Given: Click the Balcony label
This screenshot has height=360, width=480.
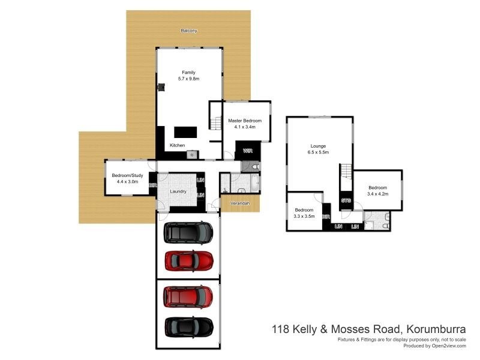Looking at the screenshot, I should [x=189, y=31].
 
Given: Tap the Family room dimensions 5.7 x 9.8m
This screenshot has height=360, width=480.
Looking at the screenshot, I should [x=188, y=79].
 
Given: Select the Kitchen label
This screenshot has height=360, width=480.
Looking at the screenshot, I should [x=177, y=146].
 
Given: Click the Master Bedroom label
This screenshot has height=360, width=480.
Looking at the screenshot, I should [x=245, y=121].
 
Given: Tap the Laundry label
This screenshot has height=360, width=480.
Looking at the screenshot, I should [x=178, y=191].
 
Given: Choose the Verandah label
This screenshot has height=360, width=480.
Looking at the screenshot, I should [x=241, y=203].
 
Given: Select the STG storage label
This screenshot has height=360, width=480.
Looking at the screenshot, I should [x=346, y=200].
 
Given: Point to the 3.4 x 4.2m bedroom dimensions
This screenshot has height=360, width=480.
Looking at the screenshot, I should [x=378, y=194].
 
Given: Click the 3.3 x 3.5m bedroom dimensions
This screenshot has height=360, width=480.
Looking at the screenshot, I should [x=304, y=216].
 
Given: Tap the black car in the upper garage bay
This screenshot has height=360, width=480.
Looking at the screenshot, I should [x=188, y=232].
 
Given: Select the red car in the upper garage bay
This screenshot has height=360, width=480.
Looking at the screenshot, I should [x=188, y=260].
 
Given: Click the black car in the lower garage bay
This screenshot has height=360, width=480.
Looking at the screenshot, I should [x=188, y=327].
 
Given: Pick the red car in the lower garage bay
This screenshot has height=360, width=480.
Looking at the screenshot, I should [x=188, y=296].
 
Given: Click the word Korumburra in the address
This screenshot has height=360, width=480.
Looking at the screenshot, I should [x=440, y=329].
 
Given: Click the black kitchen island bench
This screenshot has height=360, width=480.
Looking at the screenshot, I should [x=185, y=132].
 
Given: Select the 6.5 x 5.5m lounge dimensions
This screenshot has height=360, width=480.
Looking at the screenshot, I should [x=318, y=153].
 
